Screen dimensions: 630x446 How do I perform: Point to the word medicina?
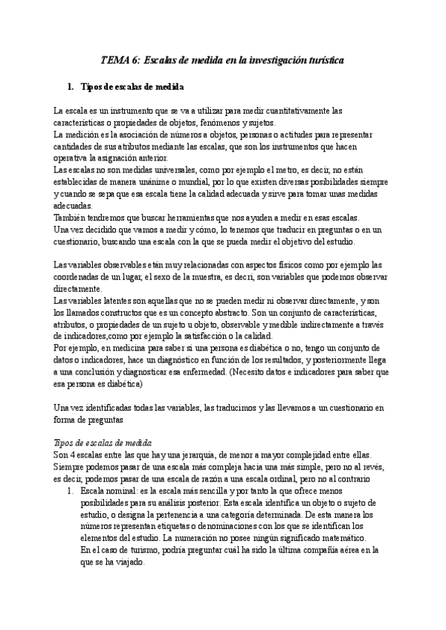tap(121, 348)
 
